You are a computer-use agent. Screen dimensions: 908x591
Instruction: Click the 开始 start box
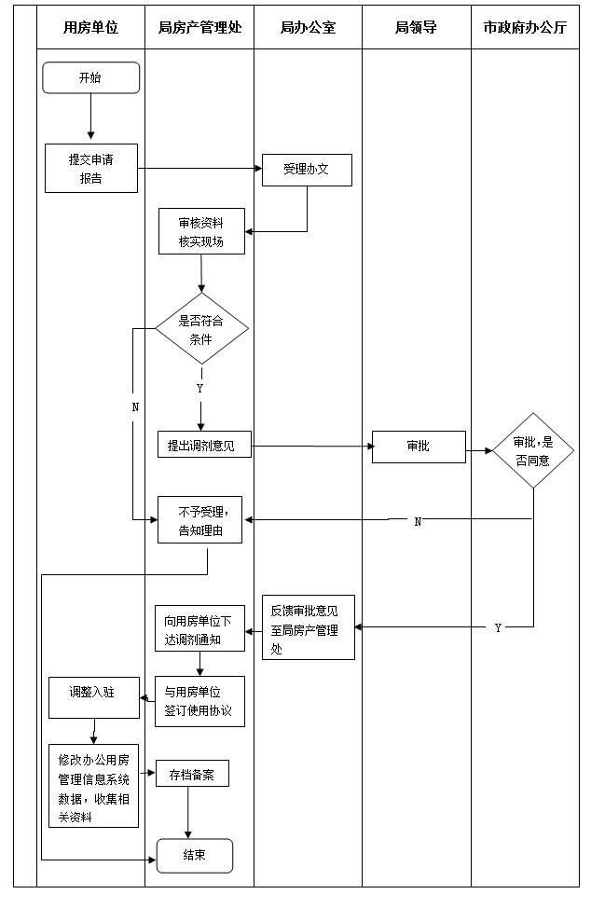point(90,78)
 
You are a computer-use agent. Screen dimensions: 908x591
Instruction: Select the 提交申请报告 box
point(91,168)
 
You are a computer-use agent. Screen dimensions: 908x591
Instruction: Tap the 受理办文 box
point(307,171)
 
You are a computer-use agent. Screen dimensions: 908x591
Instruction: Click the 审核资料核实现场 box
point(200,231)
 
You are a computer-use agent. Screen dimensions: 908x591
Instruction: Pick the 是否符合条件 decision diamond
point(201,328)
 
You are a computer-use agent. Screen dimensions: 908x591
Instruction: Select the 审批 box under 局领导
point(419,447)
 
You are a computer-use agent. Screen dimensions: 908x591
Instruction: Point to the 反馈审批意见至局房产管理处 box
point(308,627)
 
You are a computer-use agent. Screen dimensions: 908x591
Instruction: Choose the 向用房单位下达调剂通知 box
point(199,628)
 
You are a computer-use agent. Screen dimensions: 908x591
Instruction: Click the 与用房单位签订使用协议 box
point(199,701)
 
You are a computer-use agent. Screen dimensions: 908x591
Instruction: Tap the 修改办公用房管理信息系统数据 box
point(93,785)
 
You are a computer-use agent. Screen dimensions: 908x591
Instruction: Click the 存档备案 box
point(191,774)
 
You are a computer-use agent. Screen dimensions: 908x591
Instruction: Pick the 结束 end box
point(194,855)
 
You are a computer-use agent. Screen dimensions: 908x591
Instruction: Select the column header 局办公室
point(308,28)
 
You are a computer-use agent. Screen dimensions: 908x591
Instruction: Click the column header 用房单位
point(90,28)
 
